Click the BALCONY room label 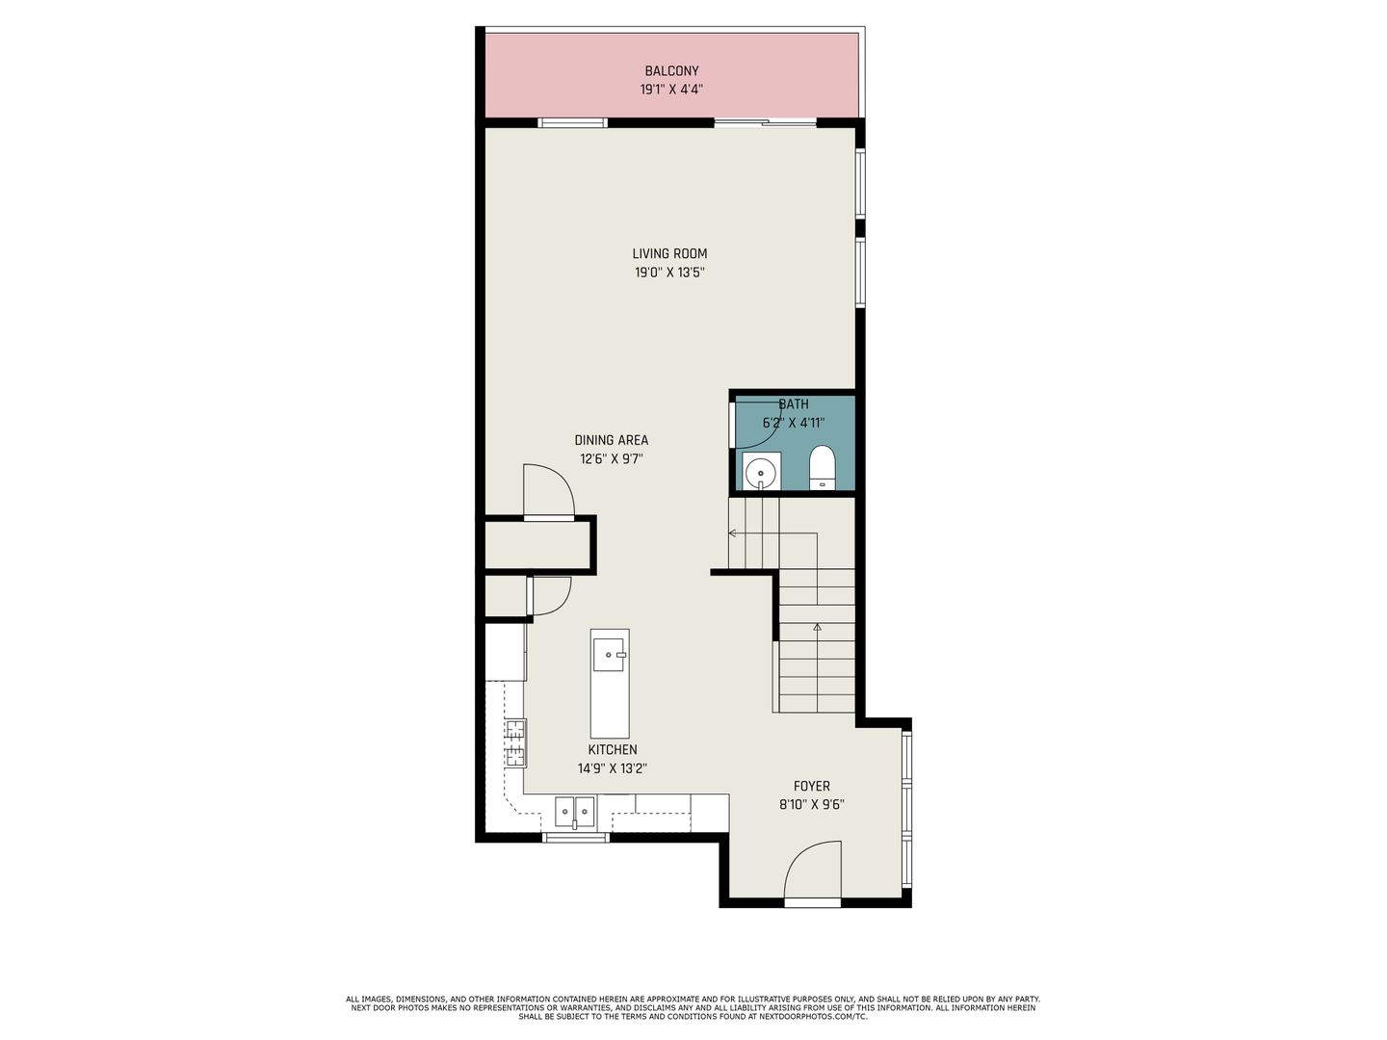coord(671,70)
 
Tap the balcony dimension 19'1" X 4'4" coord(671,90)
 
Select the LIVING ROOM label coord(669,253)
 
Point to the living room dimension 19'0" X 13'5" coord(669,273)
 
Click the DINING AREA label coord(611,440)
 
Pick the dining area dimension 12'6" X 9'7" coord(611,459)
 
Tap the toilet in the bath coord(823,468)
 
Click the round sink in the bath coord(762,471)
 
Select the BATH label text coord(793,404)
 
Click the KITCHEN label coord(613,749)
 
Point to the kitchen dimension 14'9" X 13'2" coord(613,768)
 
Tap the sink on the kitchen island coord(609,654)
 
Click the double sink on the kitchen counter coord(574,812)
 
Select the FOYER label coord(811,786)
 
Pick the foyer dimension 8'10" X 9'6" coord(811,805)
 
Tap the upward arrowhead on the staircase coord(817,627)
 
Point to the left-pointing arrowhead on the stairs coord(732,533)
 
